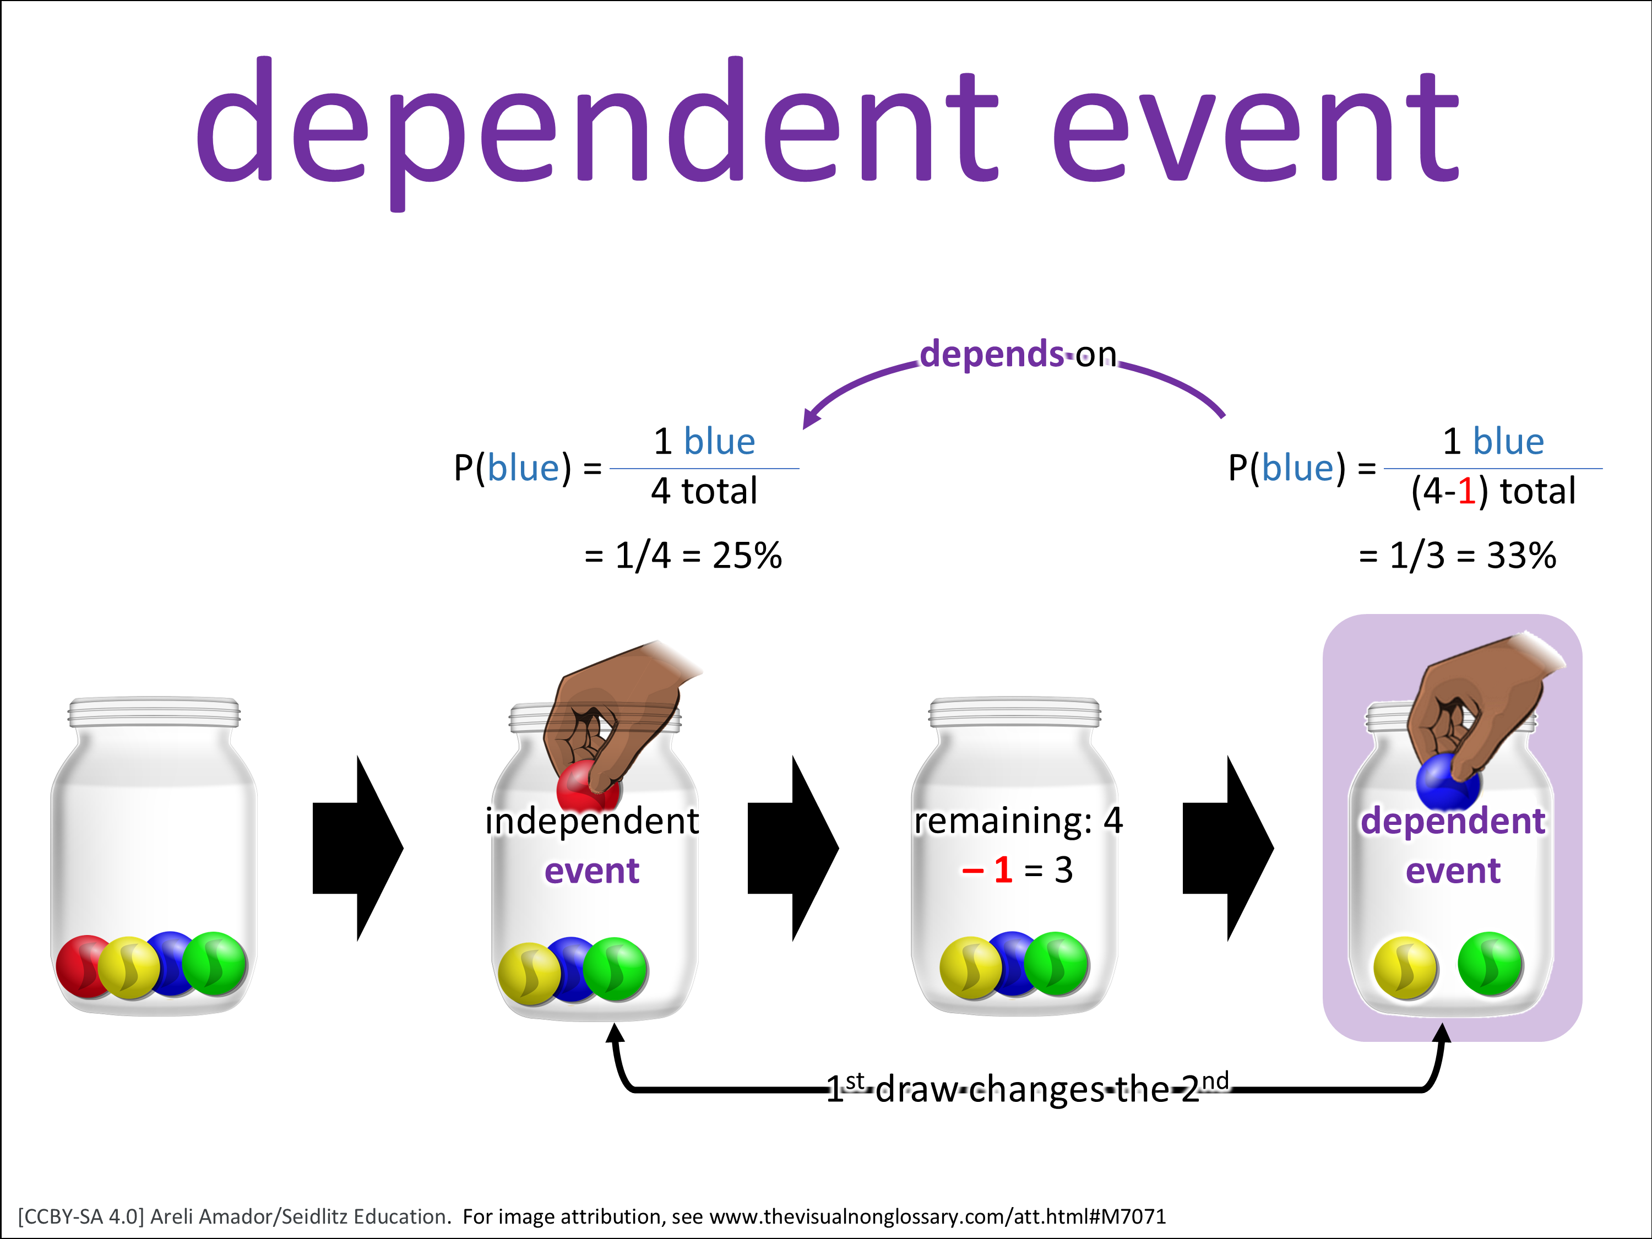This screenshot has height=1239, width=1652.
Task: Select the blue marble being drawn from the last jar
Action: [1447, 782]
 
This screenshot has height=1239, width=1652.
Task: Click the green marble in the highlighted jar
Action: [1491, 964]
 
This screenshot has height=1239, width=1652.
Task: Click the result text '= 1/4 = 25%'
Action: [683, 556]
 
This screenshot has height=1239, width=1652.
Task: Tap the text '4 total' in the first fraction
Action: [704, 491]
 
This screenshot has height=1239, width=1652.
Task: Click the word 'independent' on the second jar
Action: [592, 821]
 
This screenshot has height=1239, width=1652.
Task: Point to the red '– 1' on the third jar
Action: [987, 870]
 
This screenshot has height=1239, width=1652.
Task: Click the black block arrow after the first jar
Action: [358, 849]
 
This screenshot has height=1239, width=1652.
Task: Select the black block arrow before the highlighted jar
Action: [1228, 849]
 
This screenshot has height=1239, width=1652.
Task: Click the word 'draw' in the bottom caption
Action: [916, 1090]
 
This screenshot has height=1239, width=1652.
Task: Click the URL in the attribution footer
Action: [937, 1216]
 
